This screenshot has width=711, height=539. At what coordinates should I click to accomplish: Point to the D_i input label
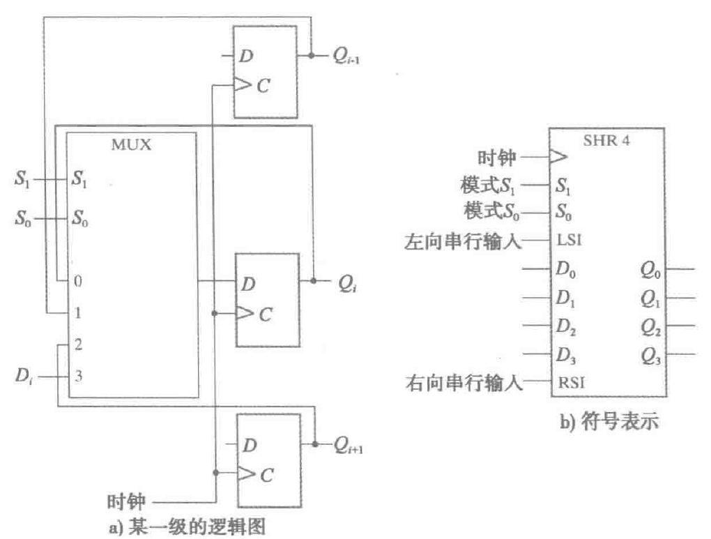tap(22, 379)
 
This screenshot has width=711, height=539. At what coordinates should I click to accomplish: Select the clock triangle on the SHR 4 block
tap(558, 158)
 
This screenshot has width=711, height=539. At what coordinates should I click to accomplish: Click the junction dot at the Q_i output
tap(314, 282)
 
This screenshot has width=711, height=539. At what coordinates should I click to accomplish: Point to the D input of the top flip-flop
tap(245, 56)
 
